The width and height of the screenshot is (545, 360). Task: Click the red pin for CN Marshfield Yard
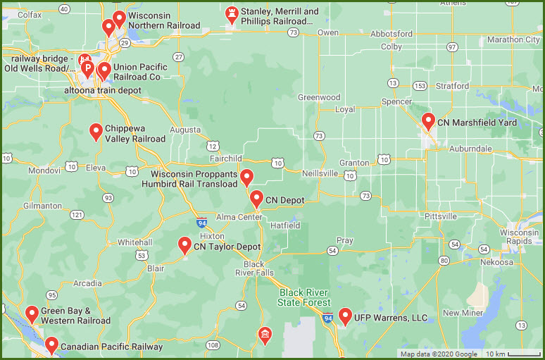click(427, 121)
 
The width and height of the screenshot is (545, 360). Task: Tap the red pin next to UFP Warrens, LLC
click(344, 316)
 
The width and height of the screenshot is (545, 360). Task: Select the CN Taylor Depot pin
click(184, 245)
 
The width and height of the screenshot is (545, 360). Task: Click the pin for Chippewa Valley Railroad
click(96, 131)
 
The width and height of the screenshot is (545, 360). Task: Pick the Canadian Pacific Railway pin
click(51, 345)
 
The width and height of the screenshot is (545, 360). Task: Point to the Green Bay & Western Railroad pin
click(32, 314)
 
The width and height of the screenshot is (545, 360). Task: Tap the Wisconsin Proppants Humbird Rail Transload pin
click(246, 178)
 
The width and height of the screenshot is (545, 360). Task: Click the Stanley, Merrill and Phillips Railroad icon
click(232, 14)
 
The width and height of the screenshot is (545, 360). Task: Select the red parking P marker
click(88, 69)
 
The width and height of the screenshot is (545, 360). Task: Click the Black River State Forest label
click(304, 297)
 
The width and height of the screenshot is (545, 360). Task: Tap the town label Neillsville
click(320, 173)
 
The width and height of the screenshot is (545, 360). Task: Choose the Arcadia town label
click(87, 283)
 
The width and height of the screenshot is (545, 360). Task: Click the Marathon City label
click(514, 39)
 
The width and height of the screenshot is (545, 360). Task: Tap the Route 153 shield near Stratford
click(420, 86)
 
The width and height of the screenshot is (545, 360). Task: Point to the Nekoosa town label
click(497, 262)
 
